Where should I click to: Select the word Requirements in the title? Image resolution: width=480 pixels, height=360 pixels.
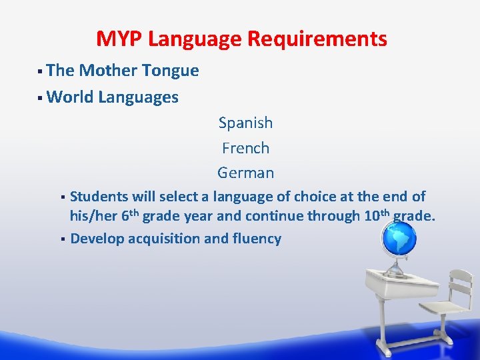(317, 39)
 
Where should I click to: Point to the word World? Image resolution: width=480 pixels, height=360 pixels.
(70, 97)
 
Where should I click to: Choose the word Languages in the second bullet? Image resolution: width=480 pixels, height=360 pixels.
(138, 97)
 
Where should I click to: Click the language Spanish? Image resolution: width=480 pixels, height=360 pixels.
(245, 123)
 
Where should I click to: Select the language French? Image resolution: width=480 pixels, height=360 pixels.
(245, 148)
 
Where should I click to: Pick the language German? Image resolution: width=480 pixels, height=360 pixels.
(245, 173)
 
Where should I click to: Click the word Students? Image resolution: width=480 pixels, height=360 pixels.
(99, 197)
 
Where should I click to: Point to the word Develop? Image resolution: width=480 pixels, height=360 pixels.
(97, 239)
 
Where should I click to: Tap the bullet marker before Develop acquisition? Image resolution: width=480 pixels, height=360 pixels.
(61, 239)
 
